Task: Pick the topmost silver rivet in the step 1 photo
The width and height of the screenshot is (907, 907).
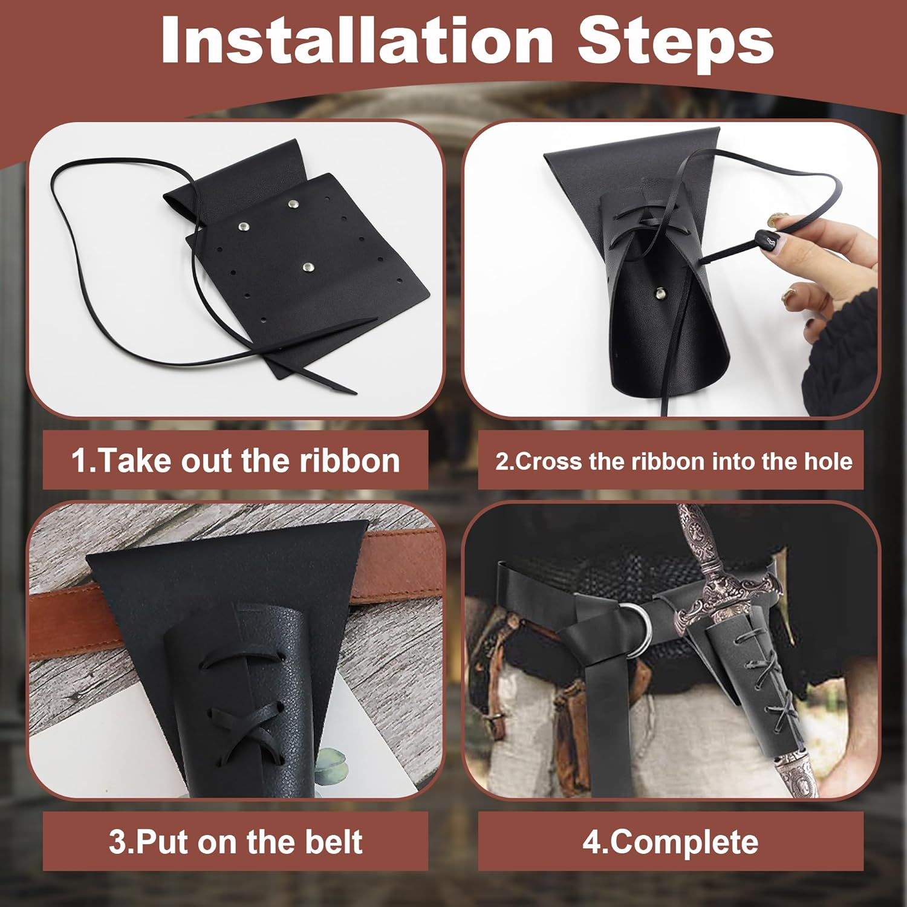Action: coord(294,206)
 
